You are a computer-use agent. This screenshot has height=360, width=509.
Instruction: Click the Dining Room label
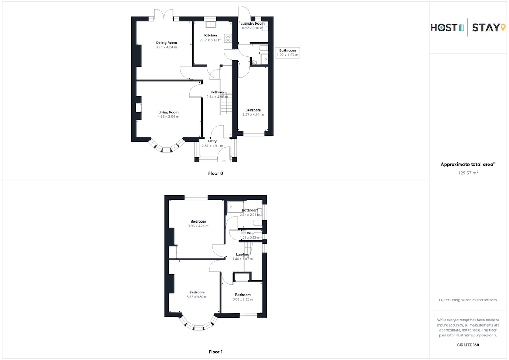(166, 42)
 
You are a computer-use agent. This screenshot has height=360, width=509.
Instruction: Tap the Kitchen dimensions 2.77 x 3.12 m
(211, 40)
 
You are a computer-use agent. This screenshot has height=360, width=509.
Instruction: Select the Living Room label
(168, 112)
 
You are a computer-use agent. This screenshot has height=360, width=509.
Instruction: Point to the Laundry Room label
(252, 23)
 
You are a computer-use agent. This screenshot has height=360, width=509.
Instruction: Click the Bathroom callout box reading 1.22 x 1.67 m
(288, 53)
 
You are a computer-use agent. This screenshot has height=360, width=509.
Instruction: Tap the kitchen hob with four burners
(228, 39)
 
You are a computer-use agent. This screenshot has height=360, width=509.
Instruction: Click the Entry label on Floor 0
(213, 141)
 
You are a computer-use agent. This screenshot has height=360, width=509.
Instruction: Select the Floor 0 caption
(215, 173)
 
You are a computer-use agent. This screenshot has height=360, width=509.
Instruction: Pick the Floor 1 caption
(215, 352)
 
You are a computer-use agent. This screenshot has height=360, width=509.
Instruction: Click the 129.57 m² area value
(468, 173)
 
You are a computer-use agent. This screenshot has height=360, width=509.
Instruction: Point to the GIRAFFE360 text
(468, 345)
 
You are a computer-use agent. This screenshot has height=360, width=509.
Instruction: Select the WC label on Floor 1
(250, 233)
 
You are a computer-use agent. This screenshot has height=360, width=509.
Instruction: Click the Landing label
(243, 254)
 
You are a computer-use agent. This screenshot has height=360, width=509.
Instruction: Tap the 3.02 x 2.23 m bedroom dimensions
(243, 299)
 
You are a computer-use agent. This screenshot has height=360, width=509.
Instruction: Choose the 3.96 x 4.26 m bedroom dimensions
(198, 226)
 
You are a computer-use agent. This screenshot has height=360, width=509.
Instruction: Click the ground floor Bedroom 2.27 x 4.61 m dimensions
(253, 114)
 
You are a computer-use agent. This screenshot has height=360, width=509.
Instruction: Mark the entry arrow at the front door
(224, 161)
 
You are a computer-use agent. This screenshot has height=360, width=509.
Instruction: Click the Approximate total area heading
(467, 165)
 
